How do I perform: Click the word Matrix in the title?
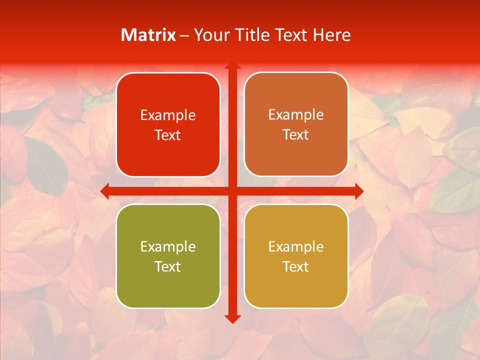click(148, 35)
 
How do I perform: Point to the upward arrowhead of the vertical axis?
click(232, 65)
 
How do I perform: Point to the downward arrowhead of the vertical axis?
click(232, 319)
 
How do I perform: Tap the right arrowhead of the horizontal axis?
click(359, 191)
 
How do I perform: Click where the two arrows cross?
click(232, 191)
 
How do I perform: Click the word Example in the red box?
click(168, 115)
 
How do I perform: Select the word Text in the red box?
click(168, 135)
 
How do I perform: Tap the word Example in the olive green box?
click(168, 247)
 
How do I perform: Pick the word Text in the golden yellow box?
click(296, 267)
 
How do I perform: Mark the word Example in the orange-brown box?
click(296, 115)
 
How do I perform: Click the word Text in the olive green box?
click(168, 267)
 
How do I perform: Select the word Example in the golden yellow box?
click(296, 247)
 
